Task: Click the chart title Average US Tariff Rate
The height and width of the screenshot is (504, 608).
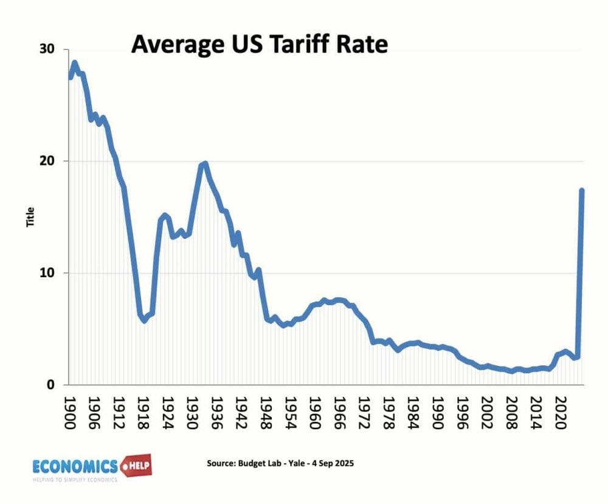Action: (x=259, y=45)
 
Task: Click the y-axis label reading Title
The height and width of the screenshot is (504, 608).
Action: (x=30, y=217)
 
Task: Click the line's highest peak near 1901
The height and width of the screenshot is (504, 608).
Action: (x=75, y=63)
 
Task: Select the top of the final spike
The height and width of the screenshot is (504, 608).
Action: (x=582, y=190)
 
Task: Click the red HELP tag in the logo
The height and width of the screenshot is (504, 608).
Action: (x=136, y=466)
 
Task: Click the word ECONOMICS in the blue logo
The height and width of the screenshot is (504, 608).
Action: (x=75, y=466)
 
